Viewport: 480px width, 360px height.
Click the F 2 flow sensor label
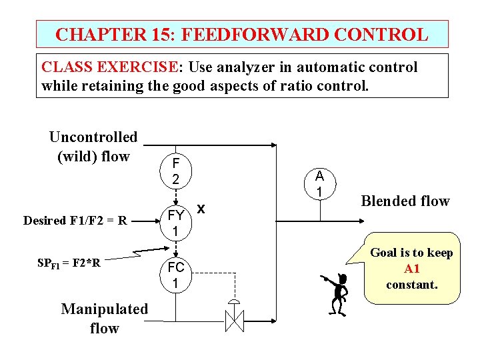point(175,171)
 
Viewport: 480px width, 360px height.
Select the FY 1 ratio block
point(175,223)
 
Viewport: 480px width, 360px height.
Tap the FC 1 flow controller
point(175,275)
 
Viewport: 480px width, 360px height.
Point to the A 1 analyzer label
point(319,184)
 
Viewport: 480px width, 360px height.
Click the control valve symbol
point(234,318)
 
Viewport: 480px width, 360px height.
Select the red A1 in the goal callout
point(411,269)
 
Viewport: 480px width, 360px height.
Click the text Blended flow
point(405,201)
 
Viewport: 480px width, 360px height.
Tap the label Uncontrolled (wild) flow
point(93,147)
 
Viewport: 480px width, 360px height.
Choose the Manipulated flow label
point(104,318)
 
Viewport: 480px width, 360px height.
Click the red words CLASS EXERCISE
point(109,67)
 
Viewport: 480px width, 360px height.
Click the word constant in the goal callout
point(411,285)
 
